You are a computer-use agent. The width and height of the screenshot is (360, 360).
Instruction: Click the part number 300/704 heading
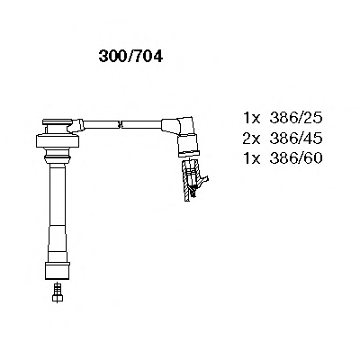tap(130, 56)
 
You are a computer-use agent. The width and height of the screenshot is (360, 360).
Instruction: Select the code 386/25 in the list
tap(296, 118)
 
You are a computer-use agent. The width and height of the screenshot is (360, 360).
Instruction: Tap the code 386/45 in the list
tap(296, 139)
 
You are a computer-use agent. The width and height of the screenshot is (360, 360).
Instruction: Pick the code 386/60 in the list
tap(296, 158)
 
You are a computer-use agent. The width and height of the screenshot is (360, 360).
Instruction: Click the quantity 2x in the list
tap(251, 139)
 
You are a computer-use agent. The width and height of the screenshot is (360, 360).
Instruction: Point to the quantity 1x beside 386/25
tap(251, 118)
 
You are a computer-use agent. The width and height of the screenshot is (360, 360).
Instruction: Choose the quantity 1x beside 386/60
tap(251, 158)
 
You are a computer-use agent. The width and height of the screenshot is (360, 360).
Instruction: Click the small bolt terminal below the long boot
tap(58, 292)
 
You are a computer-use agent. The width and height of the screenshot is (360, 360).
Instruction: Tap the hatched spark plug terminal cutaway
tap(193, 181)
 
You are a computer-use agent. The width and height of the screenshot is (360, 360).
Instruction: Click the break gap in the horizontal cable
tap(120, 123)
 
